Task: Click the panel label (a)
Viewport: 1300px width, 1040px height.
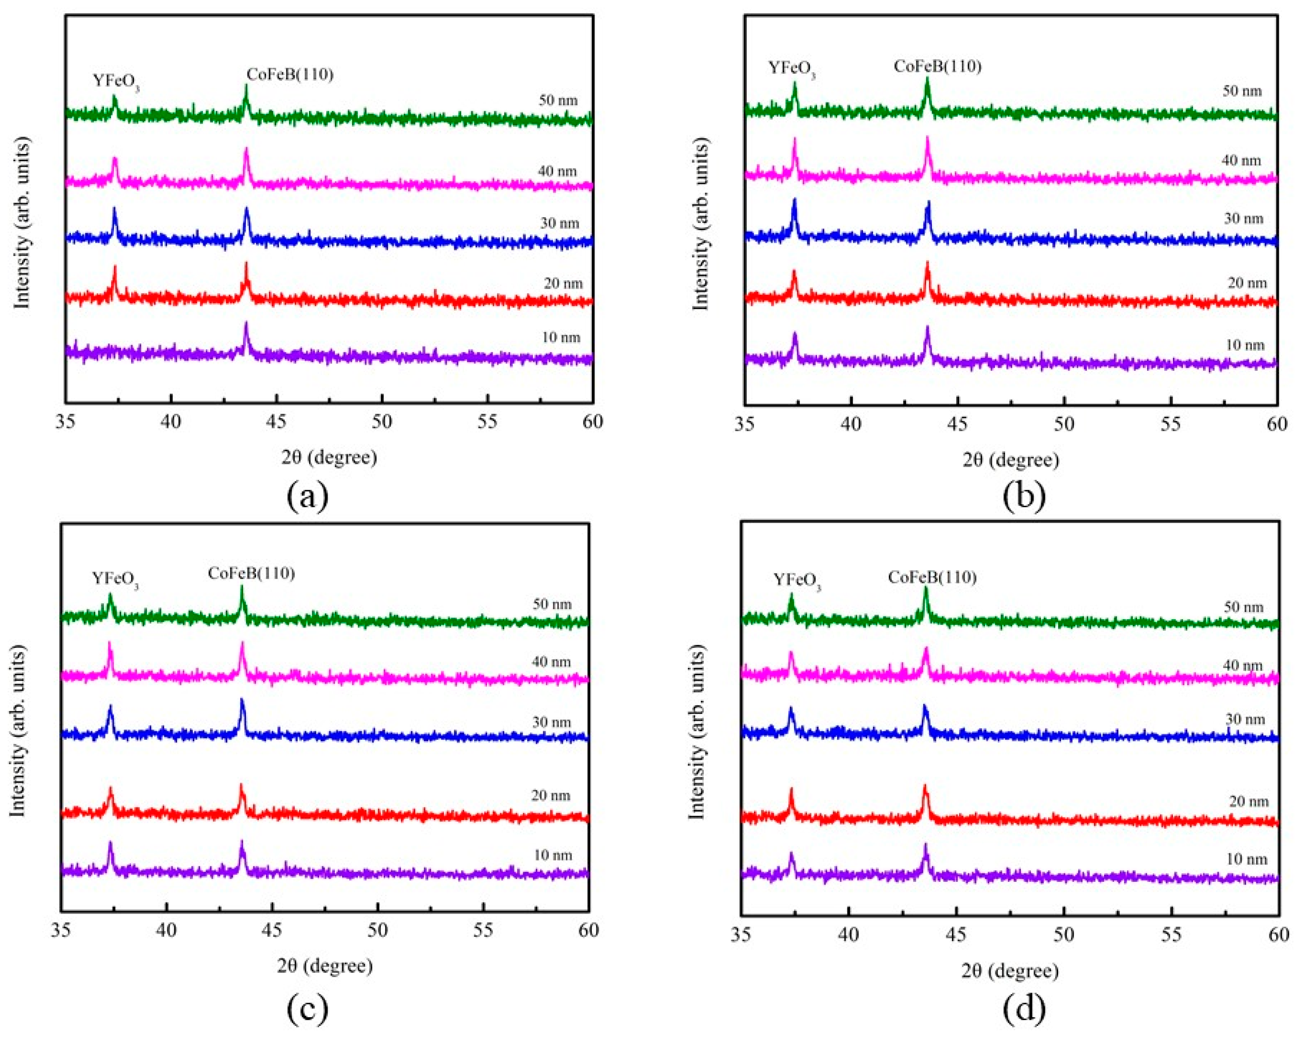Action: (308, 496)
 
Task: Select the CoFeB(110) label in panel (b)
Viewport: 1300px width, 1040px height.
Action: (937, 66)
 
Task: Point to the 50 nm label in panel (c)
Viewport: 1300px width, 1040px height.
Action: (552, 604)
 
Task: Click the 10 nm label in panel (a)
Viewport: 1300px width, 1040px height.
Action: (561, 337)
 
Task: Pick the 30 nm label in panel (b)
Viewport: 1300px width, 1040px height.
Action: (1243, 218)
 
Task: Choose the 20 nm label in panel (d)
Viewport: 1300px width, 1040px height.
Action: (1249, 801)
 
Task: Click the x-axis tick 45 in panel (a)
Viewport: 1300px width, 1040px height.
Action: (276, 421)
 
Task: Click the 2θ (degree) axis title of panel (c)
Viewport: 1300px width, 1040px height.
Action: (325, 966)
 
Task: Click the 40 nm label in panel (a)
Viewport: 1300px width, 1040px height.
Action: (557, 171)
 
